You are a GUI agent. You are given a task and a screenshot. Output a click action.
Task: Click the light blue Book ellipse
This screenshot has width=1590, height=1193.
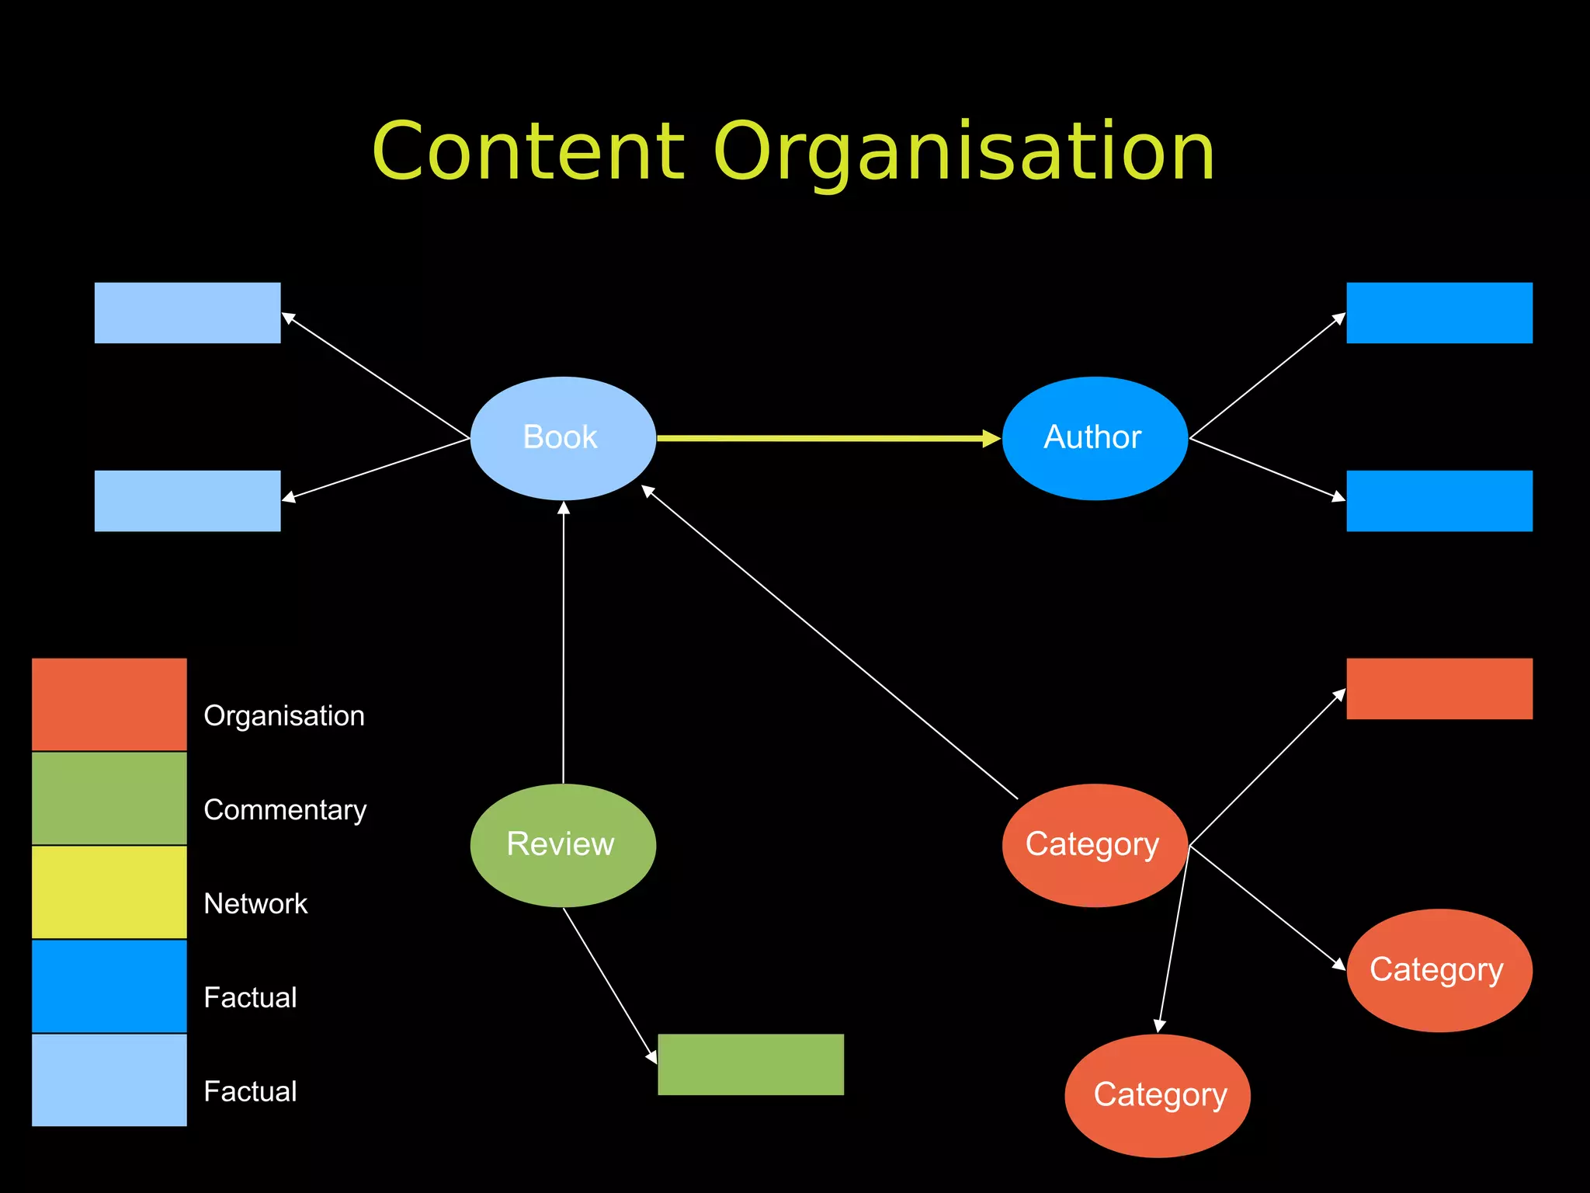563,438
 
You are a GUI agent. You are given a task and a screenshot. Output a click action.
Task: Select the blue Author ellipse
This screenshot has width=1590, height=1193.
1095,438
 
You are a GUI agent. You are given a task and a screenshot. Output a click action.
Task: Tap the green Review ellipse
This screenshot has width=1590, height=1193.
563,845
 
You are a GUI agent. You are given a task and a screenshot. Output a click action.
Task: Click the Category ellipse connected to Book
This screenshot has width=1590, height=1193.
1095,845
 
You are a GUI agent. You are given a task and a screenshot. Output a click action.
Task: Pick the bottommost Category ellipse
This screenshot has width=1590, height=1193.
1158,1095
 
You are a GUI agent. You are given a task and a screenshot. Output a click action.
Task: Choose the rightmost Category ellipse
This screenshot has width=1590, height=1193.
1439,970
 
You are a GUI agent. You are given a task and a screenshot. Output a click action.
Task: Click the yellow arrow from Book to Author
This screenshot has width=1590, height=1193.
827,438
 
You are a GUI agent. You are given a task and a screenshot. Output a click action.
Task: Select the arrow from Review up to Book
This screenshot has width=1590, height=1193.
564,645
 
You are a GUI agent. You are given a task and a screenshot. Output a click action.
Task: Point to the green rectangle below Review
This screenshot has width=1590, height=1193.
751,1064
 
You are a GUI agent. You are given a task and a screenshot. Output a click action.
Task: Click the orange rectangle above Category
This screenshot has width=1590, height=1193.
1439,689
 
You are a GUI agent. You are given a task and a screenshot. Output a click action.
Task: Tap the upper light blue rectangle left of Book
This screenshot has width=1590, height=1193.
187,313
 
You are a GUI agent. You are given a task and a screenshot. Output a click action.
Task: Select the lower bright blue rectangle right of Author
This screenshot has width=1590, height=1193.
1439,501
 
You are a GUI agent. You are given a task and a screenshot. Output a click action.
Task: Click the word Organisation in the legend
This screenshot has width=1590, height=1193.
284,716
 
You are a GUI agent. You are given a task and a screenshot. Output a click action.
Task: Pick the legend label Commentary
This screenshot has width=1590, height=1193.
285,810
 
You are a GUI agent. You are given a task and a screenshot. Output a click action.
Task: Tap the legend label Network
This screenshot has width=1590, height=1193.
255,904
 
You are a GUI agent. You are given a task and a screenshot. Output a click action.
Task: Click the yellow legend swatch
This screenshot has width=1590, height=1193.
109,892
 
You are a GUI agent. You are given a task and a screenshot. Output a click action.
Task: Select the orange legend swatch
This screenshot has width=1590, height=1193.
109,704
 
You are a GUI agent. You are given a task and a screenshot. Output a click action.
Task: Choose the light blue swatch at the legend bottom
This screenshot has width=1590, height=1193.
109,1080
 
